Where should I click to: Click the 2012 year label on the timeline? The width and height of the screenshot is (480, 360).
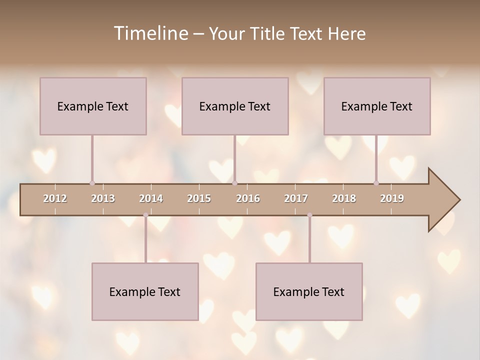(x=55, y=198)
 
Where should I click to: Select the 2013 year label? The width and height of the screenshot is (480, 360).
(x=103, y=198)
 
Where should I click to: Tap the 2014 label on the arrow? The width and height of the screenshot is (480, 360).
(x=151, y=198)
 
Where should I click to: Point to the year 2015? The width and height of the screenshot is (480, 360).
(x=199, y=198)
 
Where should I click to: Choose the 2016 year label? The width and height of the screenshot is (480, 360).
(x=248, y=198)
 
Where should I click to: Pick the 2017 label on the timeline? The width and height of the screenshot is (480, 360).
(x=296, y=198)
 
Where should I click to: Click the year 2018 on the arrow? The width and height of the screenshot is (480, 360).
(x=344, y=198)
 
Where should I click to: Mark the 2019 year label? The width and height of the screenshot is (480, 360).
(x=392, y=198)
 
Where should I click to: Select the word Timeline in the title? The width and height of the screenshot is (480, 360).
(x=150, y=33)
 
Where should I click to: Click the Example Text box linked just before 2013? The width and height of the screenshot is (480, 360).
(x=93, y=106)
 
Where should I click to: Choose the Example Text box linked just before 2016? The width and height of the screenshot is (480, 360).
(x=235, y=106)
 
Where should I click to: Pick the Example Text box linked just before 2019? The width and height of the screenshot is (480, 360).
(x=377, y=106)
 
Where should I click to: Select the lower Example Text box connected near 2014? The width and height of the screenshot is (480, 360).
(x=145, y=291)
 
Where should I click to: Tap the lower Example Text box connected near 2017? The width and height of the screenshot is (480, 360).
(x=309, y=291)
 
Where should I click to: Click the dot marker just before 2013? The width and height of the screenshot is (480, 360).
(x=92, y=183)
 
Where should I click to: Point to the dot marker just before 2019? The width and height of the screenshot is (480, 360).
(x=376, y=183)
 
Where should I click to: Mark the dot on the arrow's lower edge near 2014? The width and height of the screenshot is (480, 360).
(x=145, y=215)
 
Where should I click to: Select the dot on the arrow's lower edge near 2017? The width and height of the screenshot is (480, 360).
(x=309, y=215)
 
